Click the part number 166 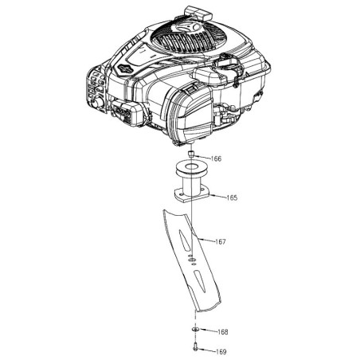pyautogui.click(x=216, y=158)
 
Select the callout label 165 pyautogui.click(x=232, y=198)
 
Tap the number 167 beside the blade pyautogui.click(x=221, y=241)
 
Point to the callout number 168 pyautogui.click(x=222, y=332)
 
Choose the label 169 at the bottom pyautogui.click(x=221, y=352)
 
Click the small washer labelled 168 pyautogui.click(x=195, y=329)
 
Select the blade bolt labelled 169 pyautogui.click(x=195, y=349)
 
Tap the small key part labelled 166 pyautogui.click(x=190, y=154)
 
